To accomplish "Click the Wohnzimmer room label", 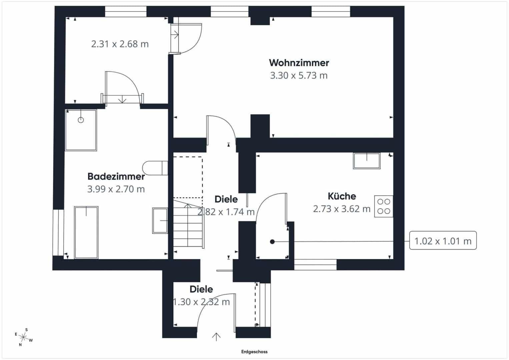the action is click(x=299, y=63).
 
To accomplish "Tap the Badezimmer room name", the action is click(x=116, y=176).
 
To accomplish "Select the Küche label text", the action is click(x=342, y=196).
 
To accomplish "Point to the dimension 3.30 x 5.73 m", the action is click(x=299, y=75).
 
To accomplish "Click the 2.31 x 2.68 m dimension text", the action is click(x=120, y=44).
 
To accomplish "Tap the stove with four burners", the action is click(x=384, y=206).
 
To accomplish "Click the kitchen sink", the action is click(x=367, y=161).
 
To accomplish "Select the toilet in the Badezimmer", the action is click(x=155, y=168).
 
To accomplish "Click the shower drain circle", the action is click(x=81, y=120).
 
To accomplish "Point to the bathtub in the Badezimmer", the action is click(x=86, y=232).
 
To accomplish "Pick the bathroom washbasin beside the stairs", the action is click(x=160, y=220).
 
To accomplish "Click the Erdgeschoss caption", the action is click(x=254, y=352).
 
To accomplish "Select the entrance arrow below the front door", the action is click(x=216, y=337).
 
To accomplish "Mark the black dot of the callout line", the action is click(x=272, y=242).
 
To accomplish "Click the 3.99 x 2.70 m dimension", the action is click(x=116, y=189).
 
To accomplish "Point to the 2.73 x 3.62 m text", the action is click(x=342, y=209).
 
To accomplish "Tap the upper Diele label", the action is click(x=226, y=199).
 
